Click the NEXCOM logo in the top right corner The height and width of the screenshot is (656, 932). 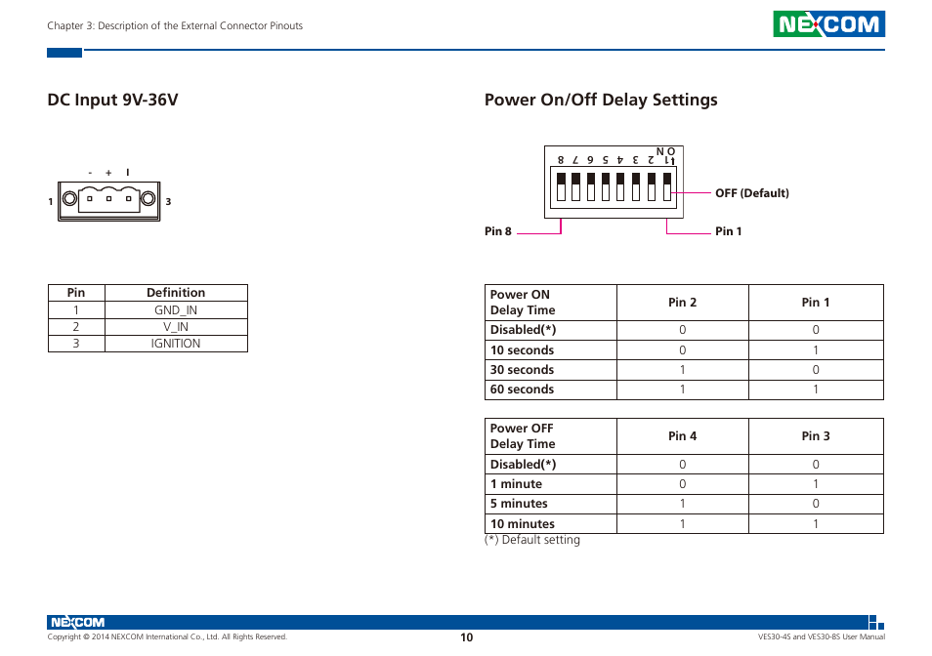pos(828,24)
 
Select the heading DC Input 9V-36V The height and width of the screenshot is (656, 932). pos(113,100)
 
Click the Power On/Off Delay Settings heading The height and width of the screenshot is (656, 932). pos(601,100)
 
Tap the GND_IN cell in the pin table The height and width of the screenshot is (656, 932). pos(176,309)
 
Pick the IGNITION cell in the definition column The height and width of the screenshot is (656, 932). pos(176,344)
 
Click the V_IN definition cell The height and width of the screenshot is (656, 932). pos(176,327)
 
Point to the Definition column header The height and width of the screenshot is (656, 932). pos(176,293)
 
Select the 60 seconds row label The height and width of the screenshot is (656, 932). pos(522,389)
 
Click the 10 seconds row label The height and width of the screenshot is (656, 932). pos(522,350)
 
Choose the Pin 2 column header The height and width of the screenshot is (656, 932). pos(682,303)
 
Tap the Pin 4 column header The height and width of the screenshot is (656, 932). pos(682,436)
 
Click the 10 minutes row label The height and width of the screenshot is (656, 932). pos(522,524)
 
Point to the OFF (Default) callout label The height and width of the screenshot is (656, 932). pos(751,193)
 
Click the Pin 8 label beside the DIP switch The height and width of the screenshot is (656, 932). pos(498,231)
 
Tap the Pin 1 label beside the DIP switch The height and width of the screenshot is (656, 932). pos(729,231)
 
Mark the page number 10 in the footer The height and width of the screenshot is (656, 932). pos(467,637)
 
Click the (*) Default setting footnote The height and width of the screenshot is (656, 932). pos(532,540)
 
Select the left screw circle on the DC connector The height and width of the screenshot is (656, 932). pos(70,201)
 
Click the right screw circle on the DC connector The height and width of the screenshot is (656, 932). pos(148,201)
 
